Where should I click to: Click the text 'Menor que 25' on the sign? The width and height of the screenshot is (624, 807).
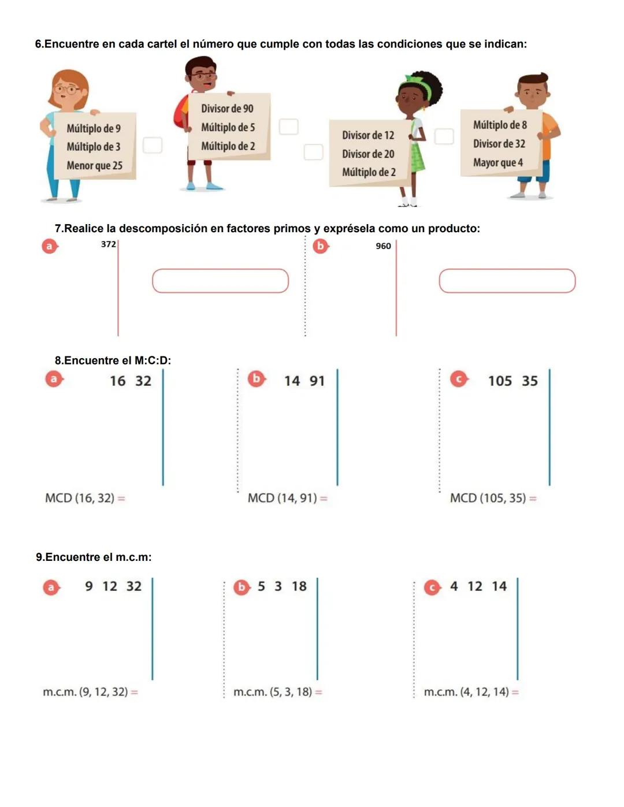pyautogui.click(x=94, y=166)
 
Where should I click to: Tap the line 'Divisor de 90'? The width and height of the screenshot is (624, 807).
pyautogui.click(x=227, y=109)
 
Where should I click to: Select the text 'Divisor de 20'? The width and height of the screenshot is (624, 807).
pyautogui.click(x=368, y=154)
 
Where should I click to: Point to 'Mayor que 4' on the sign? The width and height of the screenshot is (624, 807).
pyautogui.click(x=497, y=163)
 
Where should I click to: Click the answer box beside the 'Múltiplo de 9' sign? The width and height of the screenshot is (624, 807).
pyautogui.click(x=153, y=145)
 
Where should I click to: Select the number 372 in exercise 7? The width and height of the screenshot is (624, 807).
pyautogui.click(x=108, y=244)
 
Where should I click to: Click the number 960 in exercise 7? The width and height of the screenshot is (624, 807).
pyautogui.click(x=383, y=246)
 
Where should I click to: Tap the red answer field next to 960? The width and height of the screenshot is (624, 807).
pyautogui.click(x=507, y=281)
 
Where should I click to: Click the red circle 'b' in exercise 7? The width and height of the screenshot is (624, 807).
pyautogui.click(x=320, y=246)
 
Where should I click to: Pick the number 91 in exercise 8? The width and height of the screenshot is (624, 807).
pyautogui.click(x=317, y=381)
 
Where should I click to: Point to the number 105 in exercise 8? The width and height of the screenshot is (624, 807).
pyautogui.click(x=500, y=381)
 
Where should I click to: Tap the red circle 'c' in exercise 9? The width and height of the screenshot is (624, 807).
pyautogui.click(x=432, y=587)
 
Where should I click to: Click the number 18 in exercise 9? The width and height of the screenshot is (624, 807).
pyautogui.click(x=299, y=586)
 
